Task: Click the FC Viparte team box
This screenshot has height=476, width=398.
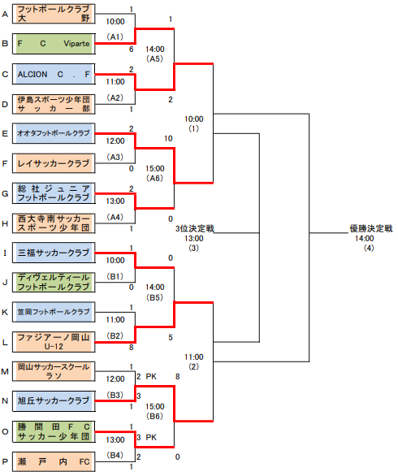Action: click(x=54, y=44)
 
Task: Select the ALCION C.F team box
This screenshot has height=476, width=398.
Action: click(x=54, y=74)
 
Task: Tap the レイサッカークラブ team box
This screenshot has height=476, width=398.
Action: click(x=54, y=163)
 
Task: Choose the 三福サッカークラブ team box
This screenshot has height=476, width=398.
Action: click(x=54, y=253)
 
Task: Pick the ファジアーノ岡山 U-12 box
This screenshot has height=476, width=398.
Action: click(x=54, y=342)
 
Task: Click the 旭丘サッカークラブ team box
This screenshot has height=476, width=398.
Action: click(x=54, y=401)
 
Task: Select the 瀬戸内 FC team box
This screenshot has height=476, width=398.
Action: click(x=54, y=461)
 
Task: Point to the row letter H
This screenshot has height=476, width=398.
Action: click(x=5, y=223)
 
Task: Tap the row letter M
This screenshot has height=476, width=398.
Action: click(x=5, y=371)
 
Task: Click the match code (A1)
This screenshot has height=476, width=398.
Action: click(x=115, y=37)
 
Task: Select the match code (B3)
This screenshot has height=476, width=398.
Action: click(x=115, y=395)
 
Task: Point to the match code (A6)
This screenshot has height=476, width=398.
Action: click(x=154, y=178)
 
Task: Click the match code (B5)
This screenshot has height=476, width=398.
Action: click(x=154, y=297)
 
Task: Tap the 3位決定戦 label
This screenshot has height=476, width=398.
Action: click(x=195, y=228)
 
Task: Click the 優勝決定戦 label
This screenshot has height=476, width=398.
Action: click(x=371, y=228)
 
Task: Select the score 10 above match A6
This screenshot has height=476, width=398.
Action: click(x=168, y=139)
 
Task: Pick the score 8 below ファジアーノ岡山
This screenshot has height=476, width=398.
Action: click(x=131, y=348)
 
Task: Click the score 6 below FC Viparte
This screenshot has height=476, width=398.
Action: click(x=131, y=50)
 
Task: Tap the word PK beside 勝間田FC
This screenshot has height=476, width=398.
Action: click(x=151, y=438)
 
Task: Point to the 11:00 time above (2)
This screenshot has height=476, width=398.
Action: click(x=194, y=357)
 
